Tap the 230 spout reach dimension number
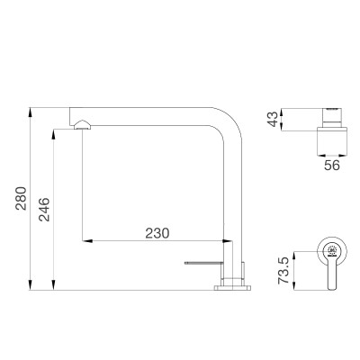(157, 231)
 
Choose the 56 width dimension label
(330, 165)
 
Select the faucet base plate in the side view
(233, 287)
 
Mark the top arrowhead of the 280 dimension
(32, 109)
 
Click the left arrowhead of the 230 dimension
(87, 241)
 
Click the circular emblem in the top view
(330, 249)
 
